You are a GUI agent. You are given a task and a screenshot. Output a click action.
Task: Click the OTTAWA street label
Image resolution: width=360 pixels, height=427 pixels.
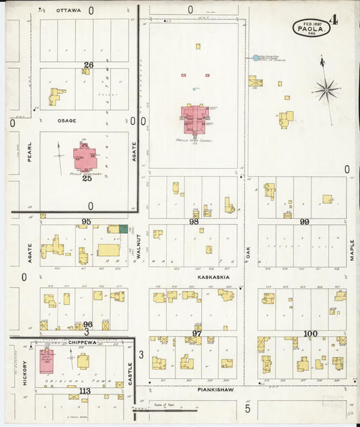(x=68, y=11)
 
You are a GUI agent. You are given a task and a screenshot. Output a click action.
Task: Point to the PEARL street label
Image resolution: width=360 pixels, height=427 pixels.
(x=30, y=155)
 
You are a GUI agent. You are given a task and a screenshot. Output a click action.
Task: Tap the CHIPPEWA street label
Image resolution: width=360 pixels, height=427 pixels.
(x=84, y=343)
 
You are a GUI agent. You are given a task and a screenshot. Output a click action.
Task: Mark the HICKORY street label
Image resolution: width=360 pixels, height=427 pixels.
(x=25, y=372)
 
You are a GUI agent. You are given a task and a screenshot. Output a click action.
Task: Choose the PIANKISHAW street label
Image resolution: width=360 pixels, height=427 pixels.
(x=216, y=390)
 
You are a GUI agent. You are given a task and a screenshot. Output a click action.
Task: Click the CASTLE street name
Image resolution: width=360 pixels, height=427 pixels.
(x=130, y=372)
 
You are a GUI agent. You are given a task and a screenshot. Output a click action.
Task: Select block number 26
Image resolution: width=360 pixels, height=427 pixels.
(x=87, y=65)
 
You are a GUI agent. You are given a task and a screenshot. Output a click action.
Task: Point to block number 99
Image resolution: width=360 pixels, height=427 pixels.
(x=305, y=222)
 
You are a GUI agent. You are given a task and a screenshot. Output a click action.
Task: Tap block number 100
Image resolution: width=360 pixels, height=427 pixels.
(x=310, y=334)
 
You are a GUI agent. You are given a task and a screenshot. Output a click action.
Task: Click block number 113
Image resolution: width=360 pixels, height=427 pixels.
(x=84, y=391)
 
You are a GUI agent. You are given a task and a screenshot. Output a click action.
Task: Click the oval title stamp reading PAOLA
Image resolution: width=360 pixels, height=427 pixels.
(x=311, y=28)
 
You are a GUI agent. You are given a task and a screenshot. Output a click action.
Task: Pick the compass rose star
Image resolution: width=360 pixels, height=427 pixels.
(x=326, y=89)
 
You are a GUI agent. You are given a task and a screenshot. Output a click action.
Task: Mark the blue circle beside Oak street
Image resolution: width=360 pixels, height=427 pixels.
(x=255, y=58)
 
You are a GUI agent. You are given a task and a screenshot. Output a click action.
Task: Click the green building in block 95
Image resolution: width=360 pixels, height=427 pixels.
(x=124, y=230)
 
